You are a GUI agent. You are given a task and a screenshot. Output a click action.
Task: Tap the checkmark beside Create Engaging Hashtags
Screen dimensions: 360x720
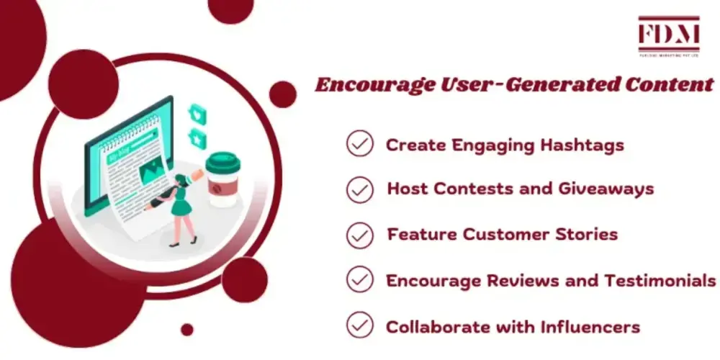359,145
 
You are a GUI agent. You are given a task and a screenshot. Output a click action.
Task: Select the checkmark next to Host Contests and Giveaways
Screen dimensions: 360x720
359,189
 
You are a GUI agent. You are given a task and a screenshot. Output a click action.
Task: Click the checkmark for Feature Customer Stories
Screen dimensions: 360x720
359,235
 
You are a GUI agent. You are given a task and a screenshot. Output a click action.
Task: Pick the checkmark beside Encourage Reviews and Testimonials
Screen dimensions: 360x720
359,279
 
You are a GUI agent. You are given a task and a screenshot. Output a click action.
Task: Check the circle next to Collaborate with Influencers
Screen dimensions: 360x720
359,325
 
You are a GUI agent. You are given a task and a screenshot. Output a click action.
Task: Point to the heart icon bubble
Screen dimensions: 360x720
196,114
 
